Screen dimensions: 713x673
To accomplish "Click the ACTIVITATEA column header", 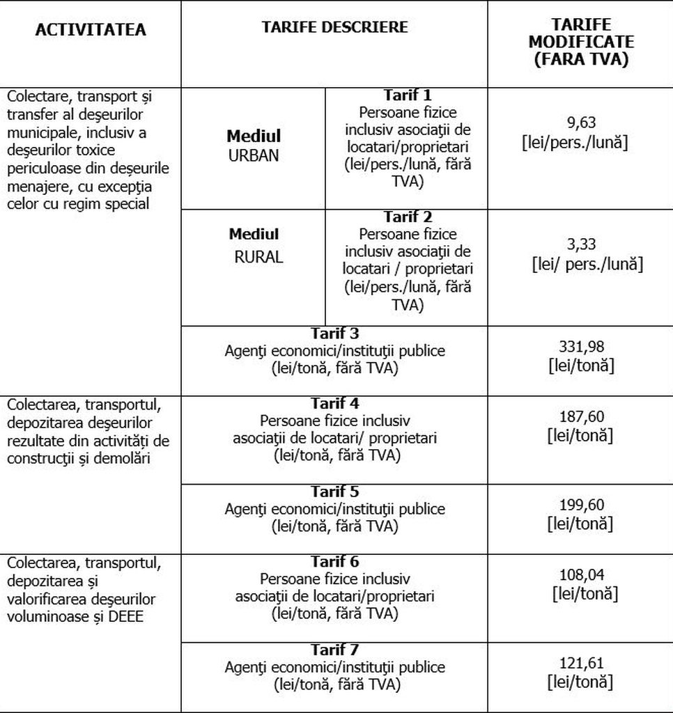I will point(91,30).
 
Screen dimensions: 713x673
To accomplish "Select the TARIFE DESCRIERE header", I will point(334,27).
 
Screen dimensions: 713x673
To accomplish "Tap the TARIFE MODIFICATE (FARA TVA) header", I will point(580,42).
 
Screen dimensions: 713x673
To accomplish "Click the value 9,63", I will point(582,123).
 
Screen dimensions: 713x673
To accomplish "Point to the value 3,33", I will point(582,244).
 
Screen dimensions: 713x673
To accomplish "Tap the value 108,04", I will point(582,575).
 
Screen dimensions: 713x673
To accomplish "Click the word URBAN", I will point(254,155).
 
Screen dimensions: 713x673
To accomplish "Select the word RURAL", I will point(258,257).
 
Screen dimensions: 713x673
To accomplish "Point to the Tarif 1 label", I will point(408,95).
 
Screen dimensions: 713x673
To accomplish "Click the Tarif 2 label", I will point(408,217).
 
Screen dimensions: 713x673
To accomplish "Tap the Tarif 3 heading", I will point(334,333).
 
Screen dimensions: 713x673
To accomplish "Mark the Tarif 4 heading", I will point(334,403).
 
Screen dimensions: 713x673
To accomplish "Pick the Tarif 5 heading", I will point(334,492).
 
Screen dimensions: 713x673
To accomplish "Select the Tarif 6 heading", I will point(334,561).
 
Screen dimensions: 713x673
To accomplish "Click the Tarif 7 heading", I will point(334,650).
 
